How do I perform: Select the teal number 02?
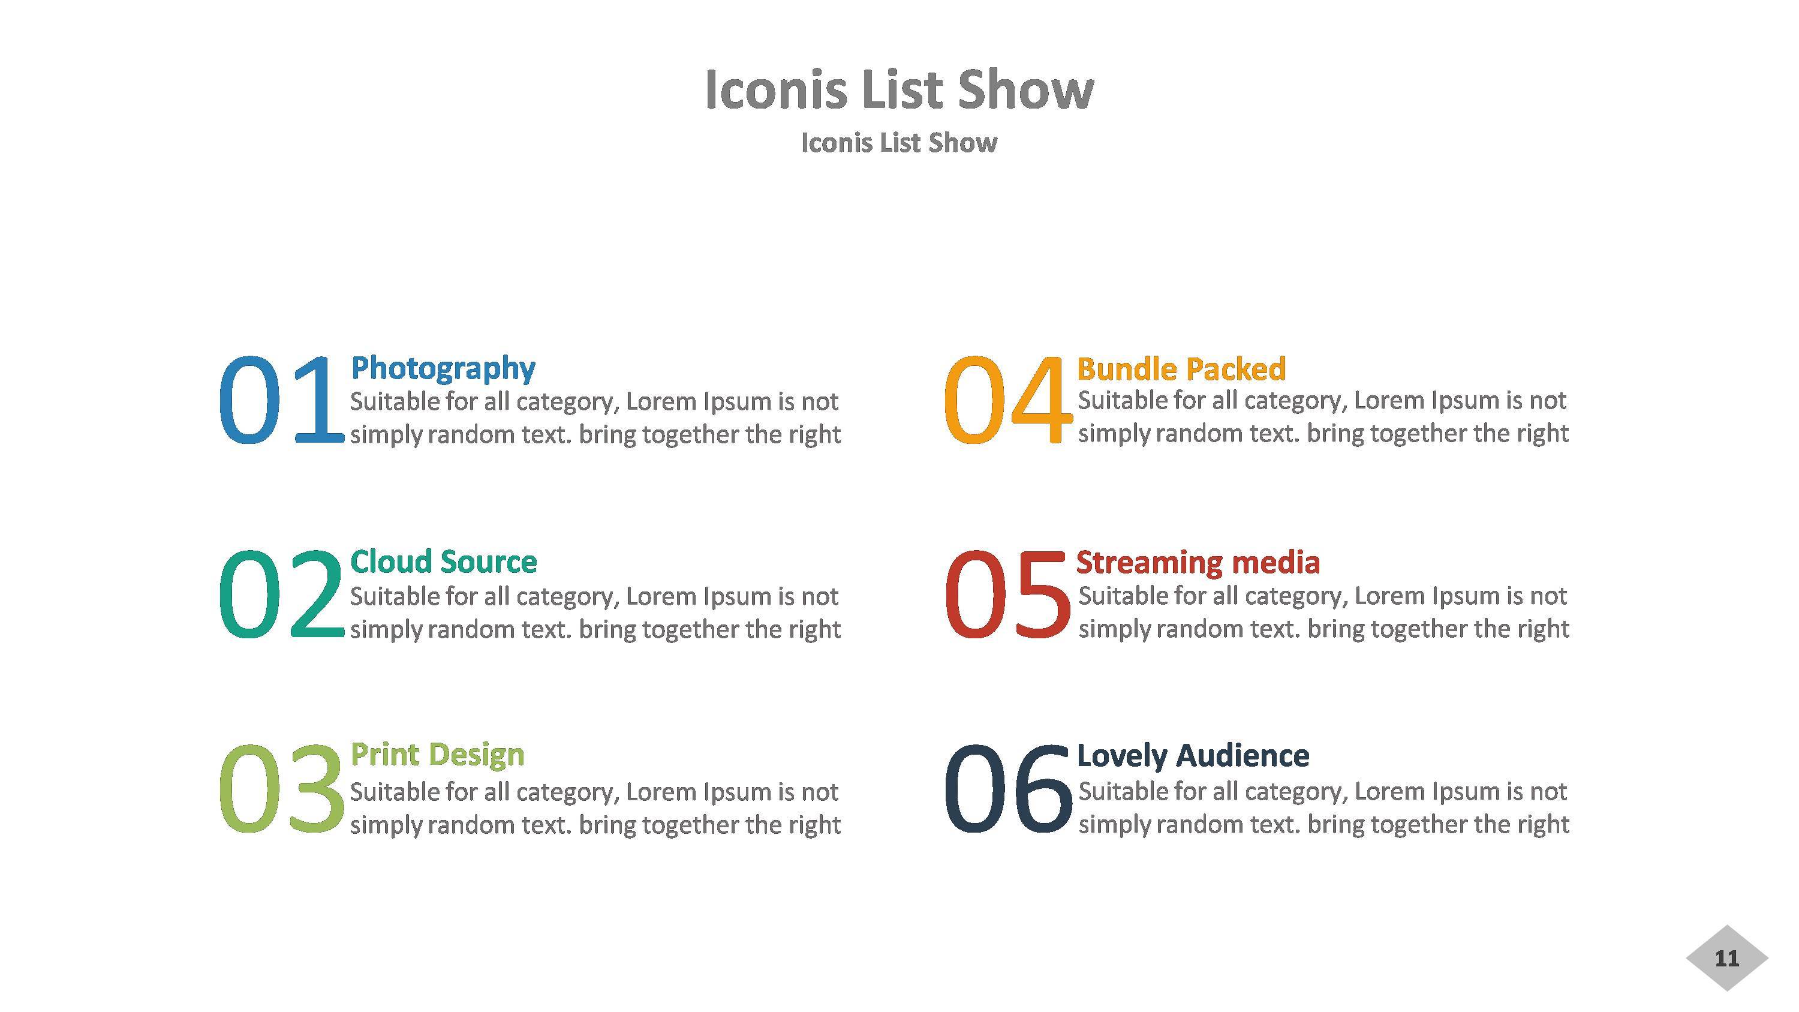click(x=281, y=594)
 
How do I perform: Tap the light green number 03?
click(x=281, y=789)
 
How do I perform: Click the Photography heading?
click(x=443, y=368)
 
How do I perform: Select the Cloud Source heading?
click(x=444, y=561)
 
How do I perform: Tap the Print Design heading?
click(x=437, y=755)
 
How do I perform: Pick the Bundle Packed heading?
click(x=1181, y=369)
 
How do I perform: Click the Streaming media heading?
click(x=1198, y=562)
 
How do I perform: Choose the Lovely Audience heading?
click(x=1193, y=756)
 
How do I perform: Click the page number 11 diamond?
click(x=1726, y=958)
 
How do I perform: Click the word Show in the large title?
click(x=1025, y=91)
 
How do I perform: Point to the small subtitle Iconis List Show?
click(x=899, y=143)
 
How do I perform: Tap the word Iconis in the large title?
click(x=776, y=91)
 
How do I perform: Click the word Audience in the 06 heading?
click(x=1243, y=756)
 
